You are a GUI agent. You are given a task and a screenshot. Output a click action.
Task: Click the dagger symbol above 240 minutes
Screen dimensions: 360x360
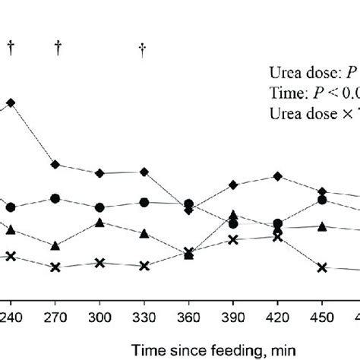coord(11,48)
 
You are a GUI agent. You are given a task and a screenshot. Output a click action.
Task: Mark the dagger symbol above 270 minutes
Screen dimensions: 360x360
coord(58,48)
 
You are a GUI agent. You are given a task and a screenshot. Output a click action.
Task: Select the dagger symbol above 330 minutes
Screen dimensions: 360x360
coord(142,49)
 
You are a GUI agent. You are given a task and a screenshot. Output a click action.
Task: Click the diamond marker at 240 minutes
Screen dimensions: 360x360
coord(11,102)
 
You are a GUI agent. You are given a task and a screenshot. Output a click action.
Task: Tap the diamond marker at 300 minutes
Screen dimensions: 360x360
coord(99,173)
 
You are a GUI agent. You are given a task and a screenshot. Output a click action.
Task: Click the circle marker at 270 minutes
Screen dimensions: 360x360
coord(55,198)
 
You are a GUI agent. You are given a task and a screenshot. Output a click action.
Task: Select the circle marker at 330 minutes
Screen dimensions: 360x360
coord(144,202)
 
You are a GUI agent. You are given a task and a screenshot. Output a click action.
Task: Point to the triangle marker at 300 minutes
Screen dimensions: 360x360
coord(99,223)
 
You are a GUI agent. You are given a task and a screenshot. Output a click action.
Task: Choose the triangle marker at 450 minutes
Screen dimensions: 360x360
coord(322,226)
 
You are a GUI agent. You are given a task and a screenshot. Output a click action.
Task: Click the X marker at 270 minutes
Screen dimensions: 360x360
coord(55,267)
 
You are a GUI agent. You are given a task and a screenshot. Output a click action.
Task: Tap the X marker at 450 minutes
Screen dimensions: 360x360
coord(322,267)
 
